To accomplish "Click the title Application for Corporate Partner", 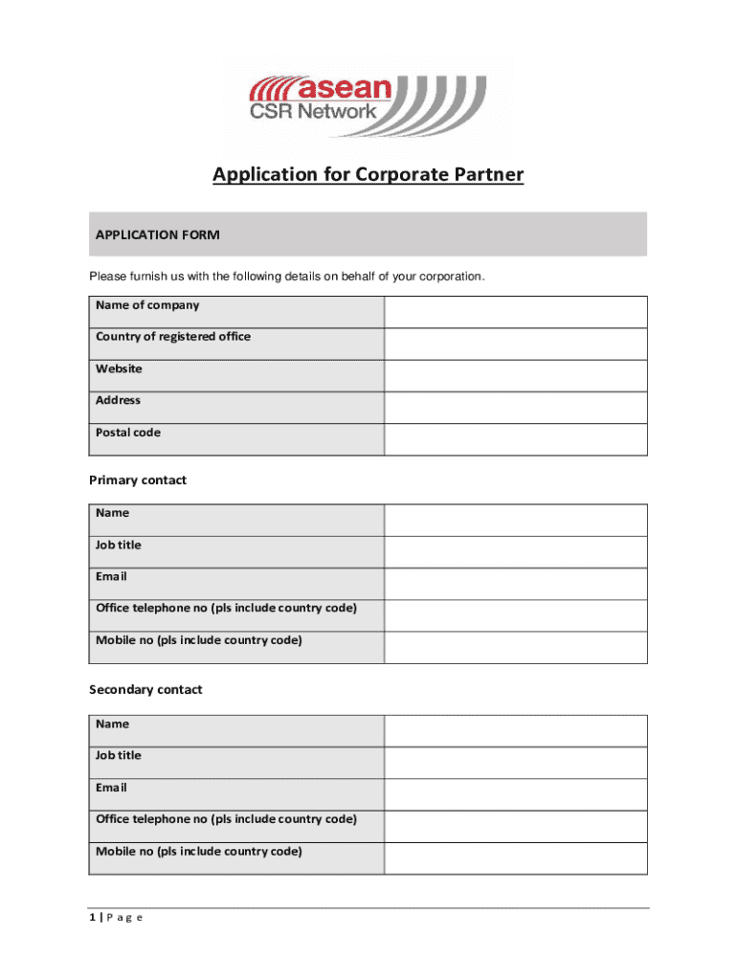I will click(x=368, y=175).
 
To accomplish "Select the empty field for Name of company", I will click(x=515, y=312).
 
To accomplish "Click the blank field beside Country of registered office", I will click(x=515, y=344).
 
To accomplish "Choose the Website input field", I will click(x=515, y=375).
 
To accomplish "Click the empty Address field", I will click(x=515, y=407).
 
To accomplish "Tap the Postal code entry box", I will click(x=515, y=439).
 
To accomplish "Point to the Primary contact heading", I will click(x=138, y=480).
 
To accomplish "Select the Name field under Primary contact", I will click(x=515, y=520).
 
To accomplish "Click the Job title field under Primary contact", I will click(x=515, y=551).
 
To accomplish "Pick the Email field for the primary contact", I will click(x=515, y=583).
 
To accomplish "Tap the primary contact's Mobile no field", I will click(x=515, y=647).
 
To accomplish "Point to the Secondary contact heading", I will click(x=145, y=690).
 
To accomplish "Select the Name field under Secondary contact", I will click(x=515, y=730).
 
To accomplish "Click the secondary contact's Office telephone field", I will click(x=515, y=826).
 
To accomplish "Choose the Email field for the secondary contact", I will click(x=515, y=794).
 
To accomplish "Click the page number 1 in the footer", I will click(x=92, y=918).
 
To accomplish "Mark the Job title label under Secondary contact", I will click(x=119, y=755).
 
